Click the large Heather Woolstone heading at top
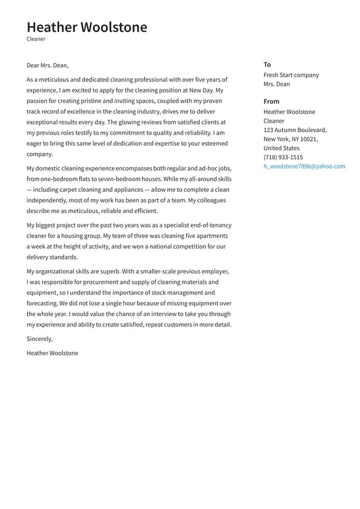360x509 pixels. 87,27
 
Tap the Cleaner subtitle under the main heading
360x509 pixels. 36,39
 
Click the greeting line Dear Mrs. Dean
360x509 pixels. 47,65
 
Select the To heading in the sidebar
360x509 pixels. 267,65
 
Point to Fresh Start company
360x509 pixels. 291,75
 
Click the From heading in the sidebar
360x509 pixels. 271,101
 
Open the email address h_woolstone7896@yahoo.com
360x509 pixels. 304,167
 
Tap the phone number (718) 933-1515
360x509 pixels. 283,157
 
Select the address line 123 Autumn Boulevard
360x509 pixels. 295,130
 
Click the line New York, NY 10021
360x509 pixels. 290,139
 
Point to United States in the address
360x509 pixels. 281,148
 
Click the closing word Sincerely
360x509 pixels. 39,339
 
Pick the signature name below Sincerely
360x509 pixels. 52,354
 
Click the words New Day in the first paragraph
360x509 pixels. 201,90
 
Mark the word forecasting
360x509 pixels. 41,304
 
